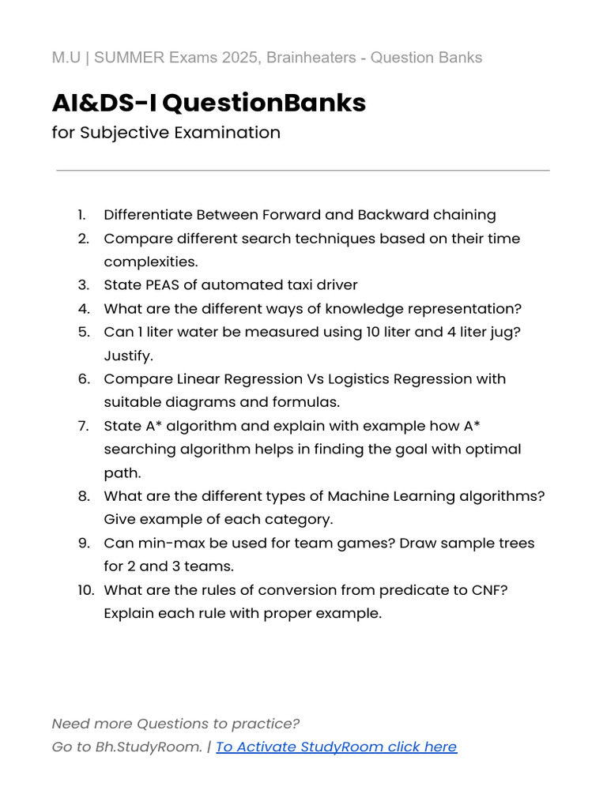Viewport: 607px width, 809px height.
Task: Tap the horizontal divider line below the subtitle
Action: click(303, 170)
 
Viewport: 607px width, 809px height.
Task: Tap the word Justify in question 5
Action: click(128, 356)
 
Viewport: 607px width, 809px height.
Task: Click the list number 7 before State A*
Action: click(83, 426)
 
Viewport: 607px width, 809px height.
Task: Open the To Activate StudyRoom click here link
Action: click(336, 747)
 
